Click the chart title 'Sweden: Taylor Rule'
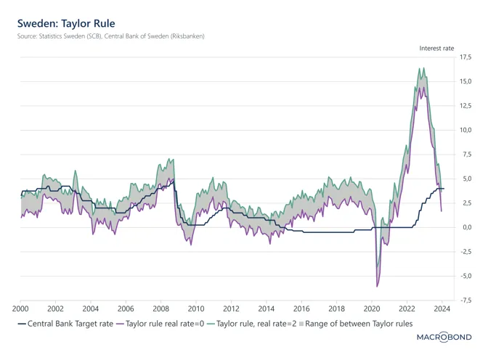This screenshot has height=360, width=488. (x=67, y=23)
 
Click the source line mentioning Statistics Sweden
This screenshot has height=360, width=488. (x=111, y=36)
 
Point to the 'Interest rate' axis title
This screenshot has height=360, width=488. (x=436, y=48)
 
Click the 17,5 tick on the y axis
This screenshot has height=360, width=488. (x=465, y=57)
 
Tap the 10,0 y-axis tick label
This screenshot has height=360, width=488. (x=465, y=130)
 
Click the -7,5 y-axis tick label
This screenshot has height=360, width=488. (x=465, y=300)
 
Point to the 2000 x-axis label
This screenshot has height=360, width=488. (x=20, y=308)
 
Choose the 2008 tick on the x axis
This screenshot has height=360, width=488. (x=160, y=308)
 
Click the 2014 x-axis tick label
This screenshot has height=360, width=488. (x=267, y=308)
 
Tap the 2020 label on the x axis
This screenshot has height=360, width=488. (x=372, y=308)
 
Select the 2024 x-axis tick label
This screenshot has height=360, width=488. (x=442, y=308)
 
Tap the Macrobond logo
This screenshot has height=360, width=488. (x=444, y=337)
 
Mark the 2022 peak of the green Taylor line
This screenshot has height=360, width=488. (x=420, y=68)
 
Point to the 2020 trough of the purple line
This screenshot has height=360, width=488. (x=377, y=286)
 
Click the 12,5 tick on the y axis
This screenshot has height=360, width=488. (x=465, y=106)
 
